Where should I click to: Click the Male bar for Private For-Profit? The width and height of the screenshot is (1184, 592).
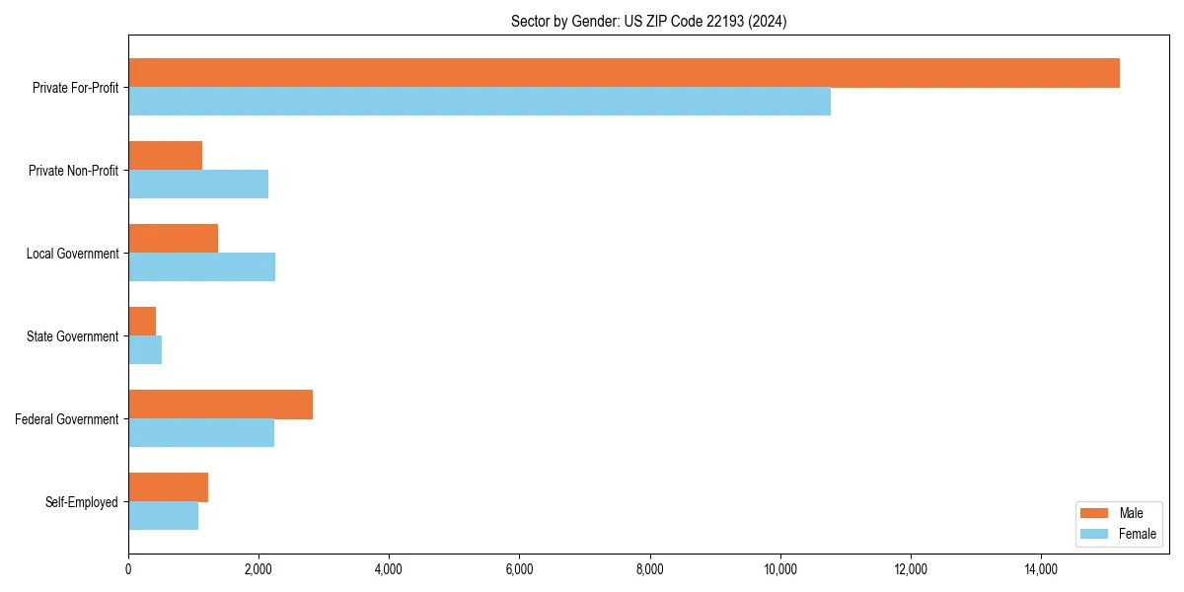coord(624,73)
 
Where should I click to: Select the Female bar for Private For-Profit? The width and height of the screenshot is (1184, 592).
coord(480,102)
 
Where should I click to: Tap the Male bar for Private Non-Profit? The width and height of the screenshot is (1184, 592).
coord(165,156)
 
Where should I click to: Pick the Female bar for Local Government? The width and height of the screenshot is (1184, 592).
coord(201,267)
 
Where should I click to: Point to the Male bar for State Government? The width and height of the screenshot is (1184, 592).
coord(142,322)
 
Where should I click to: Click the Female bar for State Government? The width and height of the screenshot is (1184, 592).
coord(145,350)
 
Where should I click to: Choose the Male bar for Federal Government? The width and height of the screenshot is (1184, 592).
coord(220,405)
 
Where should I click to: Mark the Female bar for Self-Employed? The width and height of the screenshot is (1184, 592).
coord(163,516)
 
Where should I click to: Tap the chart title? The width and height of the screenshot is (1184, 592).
coord(648,21)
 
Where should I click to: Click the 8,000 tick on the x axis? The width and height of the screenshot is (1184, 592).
coord(650,569)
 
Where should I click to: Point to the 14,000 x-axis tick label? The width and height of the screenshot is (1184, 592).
coord(1041,569)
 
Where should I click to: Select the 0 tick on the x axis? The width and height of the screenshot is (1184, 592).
coord(128,569)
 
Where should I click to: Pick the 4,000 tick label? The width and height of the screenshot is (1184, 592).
coord(389,569)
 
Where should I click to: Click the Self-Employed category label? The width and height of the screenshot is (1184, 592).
coord(82,502)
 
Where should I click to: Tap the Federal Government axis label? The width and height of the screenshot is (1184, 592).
coord(67,419)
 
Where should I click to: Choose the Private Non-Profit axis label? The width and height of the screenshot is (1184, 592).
coord(73,171)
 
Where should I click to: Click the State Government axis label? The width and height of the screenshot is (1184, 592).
coord(73,336)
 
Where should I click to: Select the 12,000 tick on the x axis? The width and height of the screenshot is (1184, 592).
coord(911,569)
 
